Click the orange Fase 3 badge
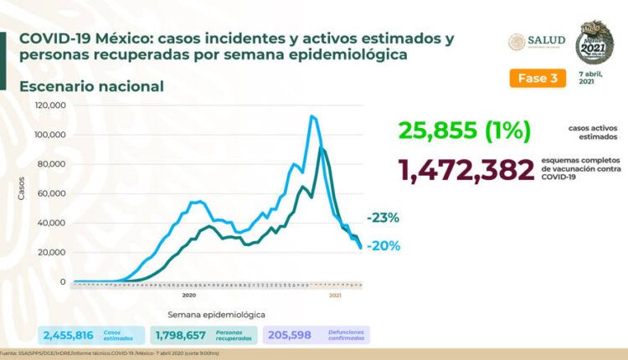pos(533,78)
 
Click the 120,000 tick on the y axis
pos(51,105)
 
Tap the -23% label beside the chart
pos(383,218)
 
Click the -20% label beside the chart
pos(383,246)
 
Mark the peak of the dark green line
pos(322,148)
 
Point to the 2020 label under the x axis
pos(188,295)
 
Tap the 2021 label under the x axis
pos(335,295)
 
